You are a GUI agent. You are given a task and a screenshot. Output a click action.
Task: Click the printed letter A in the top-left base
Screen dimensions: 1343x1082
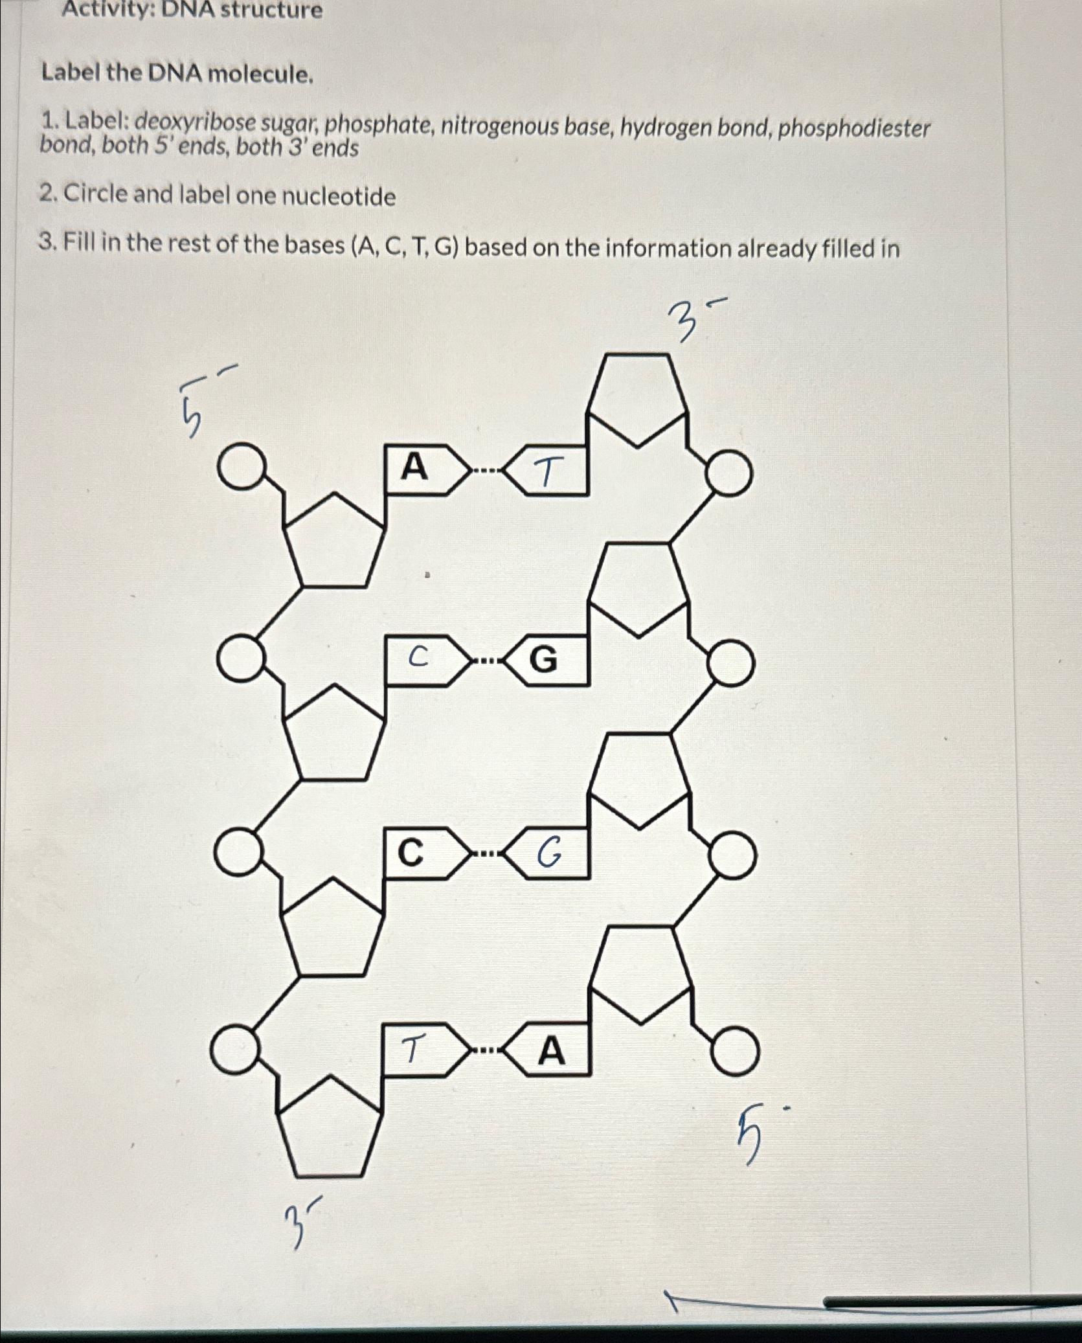point(414,467)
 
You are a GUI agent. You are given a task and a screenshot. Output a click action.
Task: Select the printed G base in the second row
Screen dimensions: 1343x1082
point(543,660)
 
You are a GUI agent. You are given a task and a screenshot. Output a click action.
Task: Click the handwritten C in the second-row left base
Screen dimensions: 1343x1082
point(418,657)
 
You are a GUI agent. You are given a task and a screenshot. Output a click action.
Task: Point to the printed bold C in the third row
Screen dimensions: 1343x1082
point(410,853)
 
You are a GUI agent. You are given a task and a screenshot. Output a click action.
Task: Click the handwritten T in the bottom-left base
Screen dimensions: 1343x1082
point(413,1048)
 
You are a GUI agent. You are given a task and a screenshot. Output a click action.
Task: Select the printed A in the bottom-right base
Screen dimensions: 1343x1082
point(551,1051)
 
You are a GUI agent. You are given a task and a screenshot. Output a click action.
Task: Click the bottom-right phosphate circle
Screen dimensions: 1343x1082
point(735,1052)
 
